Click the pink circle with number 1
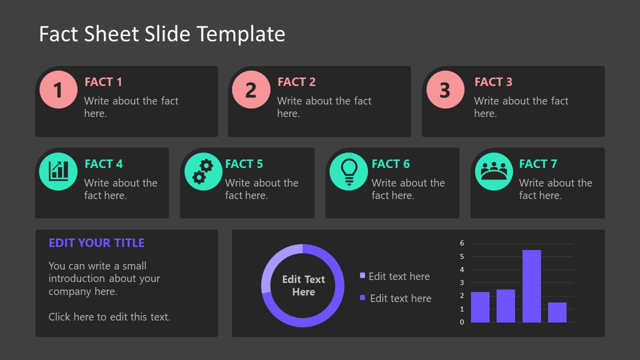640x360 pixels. [x=58, y=90]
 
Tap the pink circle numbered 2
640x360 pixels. [x=251, y=90]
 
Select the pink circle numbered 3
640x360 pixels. [x=445, y=90]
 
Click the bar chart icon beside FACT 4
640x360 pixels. [x=58, y=171]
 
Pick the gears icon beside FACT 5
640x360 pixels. [x=203, y=171]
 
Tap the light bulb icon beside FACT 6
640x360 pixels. [x=348, y=171]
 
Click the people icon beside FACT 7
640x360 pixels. [x=493, y=171]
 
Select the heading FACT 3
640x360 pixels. [x=493, y=82]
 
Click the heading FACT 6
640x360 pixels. [x=390, y=164]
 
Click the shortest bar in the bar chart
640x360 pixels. [x=557, y=312]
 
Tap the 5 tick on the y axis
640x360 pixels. [x=462, y=256]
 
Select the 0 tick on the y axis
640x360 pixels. [x=462, y=322]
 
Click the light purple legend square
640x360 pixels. [x=362, y=275]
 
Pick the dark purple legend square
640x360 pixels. [x=362, y=298]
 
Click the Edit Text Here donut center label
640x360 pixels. [x=303, y=285]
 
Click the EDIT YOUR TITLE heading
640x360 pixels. [x=96, y=243]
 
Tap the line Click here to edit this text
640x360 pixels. [x=109, y=316]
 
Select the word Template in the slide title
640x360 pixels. [x=241, y=34]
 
